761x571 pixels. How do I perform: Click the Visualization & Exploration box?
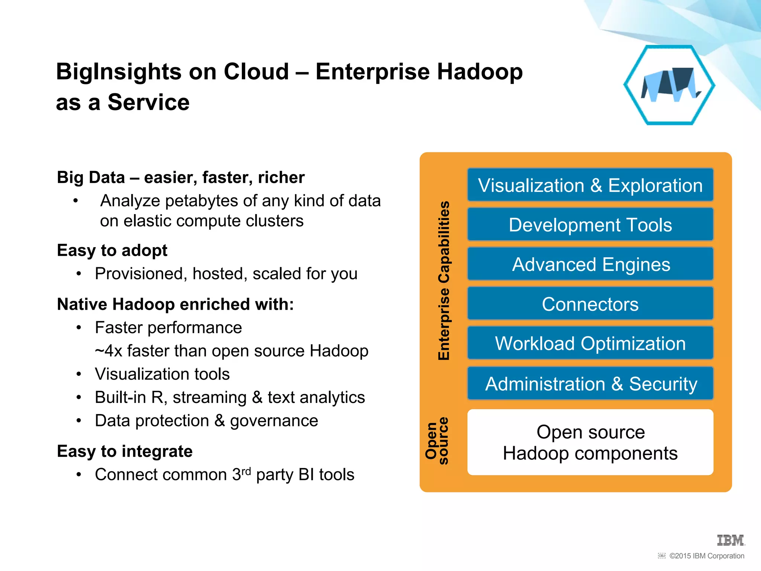pos(590,185)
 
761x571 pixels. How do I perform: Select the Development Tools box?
pos(590,225)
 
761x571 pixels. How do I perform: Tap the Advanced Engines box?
pos(590,264)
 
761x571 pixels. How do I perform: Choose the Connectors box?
pos(590,304)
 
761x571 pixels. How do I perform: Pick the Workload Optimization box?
pos(590,343)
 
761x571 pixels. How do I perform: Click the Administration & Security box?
pos(590,383)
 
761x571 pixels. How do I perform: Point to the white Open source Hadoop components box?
pos(590,442)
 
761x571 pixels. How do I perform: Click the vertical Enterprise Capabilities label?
pos(444,281)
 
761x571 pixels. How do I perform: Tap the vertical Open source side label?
pos(437,441)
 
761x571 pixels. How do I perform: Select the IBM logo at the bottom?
pos(731,540)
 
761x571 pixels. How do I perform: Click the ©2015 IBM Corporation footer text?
pos(706,556)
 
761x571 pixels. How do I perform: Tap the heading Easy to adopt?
pos(112,250)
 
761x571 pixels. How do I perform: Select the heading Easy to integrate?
pos(124,451)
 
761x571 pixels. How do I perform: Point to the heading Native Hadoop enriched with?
pos(175,304)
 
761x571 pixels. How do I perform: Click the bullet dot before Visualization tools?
pos(78,374)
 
